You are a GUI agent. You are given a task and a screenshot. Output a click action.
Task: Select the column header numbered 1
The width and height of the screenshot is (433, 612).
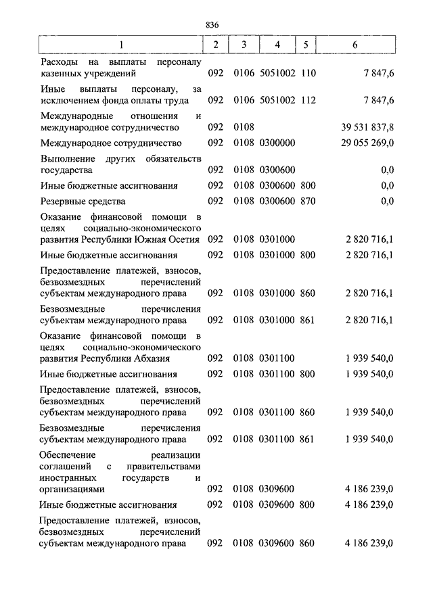[121, 45]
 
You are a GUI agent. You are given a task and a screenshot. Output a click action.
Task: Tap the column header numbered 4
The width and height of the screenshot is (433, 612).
[277, 45]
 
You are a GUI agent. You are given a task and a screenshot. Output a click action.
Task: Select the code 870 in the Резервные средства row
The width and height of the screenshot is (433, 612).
[307, 202]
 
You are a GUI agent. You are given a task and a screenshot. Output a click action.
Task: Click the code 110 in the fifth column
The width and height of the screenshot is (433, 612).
[307, 72]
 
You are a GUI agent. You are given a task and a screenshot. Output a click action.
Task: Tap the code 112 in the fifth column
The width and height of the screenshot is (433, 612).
[307, 100]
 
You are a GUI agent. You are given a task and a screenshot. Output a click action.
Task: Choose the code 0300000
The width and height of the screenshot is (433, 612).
[277, 143]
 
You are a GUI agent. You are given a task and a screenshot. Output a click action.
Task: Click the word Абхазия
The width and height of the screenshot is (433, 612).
[152, 358]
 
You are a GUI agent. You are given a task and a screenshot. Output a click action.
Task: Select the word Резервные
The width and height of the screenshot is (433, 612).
[62, 202]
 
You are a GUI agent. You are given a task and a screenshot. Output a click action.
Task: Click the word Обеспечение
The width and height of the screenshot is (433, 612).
[67, 454]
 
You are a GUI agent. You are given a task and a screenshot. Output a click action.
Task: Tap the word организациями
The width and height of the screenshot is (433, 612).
[72, 489]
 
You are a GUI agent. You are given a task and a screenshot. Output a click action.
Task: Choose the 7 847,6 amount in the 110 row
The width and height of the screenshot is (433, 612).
[378, 72]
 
